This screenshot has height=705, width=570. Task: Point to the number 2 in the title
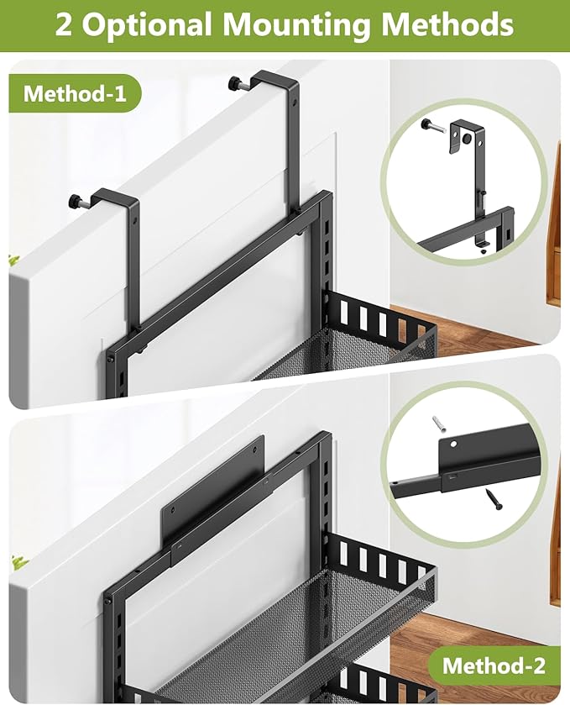point(64,24)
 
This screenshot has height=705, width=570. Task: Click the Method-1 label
point(76,93)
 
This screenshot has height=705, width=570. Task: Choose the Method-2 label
point(494,666)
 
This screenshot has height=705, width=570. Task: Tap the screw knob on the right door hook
point(236,83)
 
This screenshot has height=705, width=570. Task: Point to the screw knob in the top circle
point(430,124)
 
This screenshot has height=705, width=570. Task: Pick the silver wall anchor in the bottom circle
point(439,422)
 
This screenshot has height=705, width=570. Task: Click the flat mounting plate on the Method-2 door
point(210,496)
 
